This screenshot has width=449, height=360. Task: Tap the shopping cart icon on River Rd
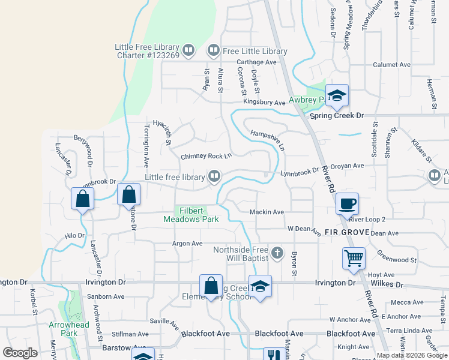point(354,258)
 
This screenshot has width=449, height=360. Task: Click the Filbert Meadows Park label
point(191,214)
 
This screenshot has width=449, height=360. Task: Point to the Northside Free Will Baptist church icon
point(277,253)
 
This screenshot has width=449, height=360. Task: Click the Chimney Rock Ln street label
point(206,156)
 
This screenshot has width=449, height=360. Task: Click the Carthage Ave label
point(256,62)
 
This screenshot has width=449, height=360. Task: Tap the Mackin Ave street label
point(267,212)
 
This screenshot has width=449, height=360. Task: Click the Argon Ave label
point(187,244)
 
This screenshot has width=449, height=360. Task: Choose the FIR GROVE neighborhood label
point(346,232)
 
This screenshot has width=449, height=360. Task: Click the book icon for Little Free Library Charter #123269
point(188,50)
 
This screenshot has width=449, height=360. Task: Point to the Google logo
point(20,353)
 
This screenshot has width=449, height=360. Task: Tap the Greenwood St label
point(397,260)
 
